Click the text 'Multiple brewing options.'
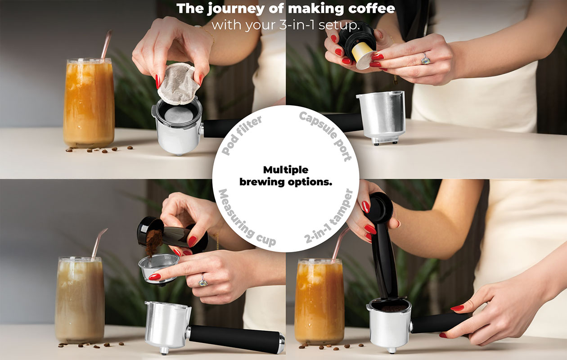click(286, 176)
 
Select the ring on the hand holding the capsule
click(424, 58)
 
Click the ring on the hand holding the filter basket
click(203, 280)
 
